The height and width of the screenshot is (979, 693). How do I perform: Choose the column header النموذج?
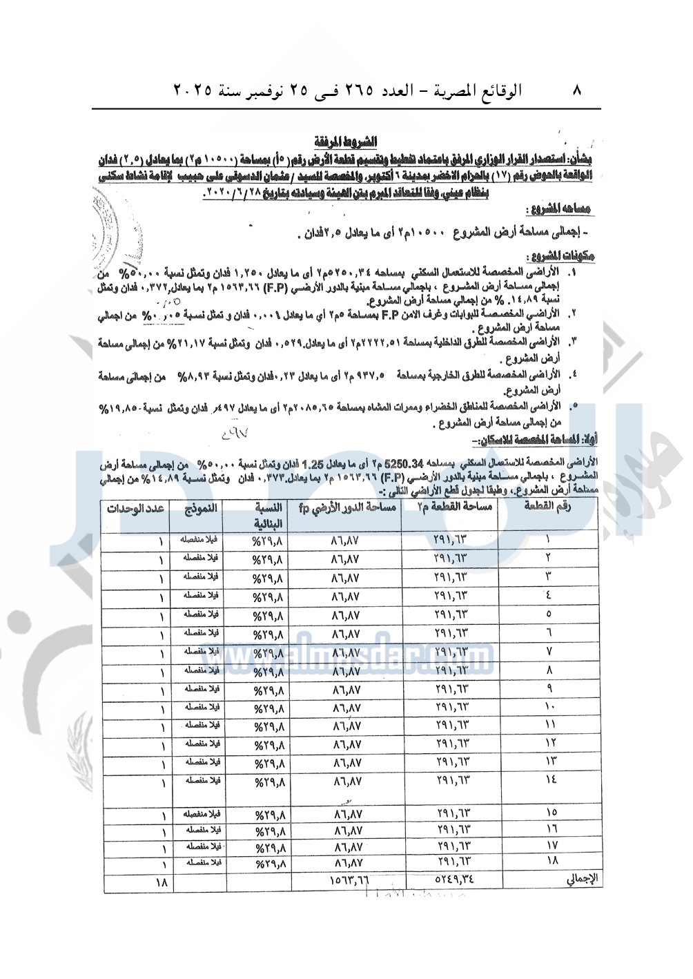[x=200, y=509]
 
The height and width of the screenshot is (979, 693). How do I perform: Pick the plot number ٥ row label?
[x=549, y=613]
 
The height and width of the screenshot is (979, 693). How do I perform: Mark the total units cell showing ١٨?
[x=162, y=881]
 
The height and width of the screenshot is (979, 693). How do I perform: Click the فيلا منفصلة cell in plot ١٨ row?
[x=201, y=862]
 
